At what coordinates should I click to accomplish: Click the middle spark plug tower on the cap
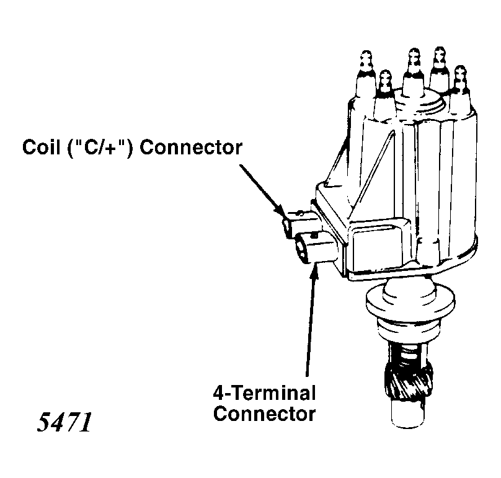tap(413, 71)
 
